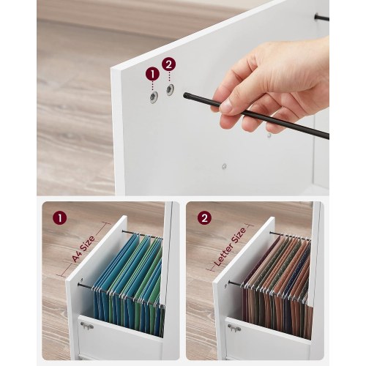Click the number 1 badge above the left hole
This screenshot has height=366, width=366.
[152, 74]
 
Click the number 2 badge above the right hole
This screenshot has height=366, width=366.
[168, 64]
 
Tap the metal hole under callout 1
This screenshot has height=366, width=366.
[154, 97]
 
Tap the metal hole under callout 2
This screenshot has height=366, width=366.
[170, 90]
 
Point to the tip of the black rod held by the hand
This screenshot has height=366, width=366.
[185, 95]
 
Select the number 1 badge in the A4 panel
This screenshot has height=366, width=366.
[59, 217]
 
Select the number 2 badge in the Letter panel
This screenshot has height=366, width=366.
[204, 217]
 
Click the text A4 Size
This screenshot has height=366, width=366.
[83, 248]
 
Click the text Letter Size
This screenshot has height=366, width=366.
[230, 247]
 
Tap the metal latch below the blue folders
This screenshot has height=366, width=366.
[87, 326]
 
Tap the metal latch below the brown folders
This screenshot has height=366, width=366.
[234, 328]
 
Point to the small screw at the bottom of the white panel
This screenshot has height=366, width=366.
[224, 167]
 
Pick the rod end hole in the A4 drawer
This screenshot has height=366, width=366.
[79, 285]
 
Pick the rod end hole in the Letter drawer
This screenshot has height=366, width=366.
[229, 283]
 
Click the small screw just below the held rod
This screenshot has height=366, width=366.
[269, 135]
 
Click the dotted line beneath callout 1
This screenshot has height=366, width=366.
[153, 87]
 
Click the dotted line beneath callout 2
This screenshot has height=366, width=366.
[169, 78]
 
